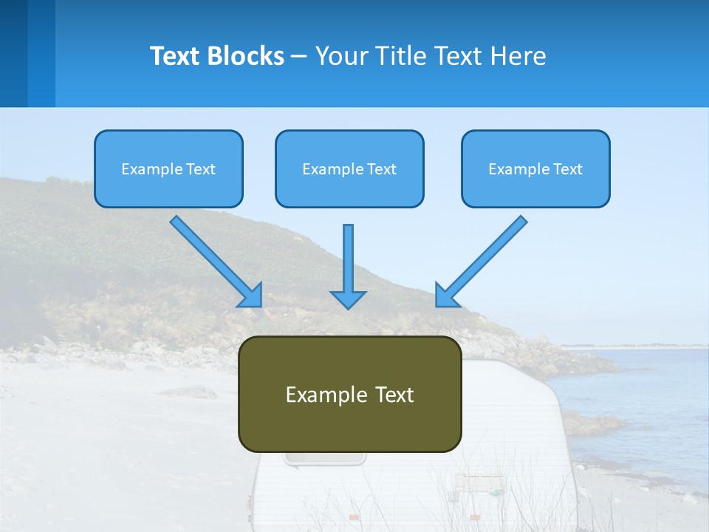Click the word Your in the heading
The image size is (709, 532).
[x=341, y=56]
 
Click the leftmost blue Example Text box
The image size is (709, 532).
[x=168, y=168]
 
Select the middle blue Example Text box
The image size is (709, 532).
[x=349, y=168]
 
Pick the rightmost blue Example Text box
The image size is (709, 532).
[x=535, y=168]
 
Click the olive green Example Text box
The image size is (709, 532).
[x=349, y=394]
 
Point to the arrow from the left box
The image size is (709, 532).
[x=214, y=259]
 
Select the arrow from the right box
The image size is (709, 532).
[x=483, y=259]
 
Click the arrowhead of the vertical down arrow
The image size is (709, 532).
[x=348, y=299]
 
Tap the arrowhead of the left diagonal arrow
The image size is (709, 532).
[x=251, y=295]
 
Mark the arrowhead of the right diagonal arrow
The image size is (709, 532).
[x=446, y=295]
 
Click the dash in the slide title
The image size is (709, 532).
[x=300, y=56]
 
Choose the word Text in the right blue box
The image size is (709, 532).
[x=567, y=169]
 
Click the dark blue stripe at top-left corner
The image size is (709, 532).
[x=13, y=53]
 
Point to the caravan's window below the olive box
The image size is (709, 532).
[x=325, y=459]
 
